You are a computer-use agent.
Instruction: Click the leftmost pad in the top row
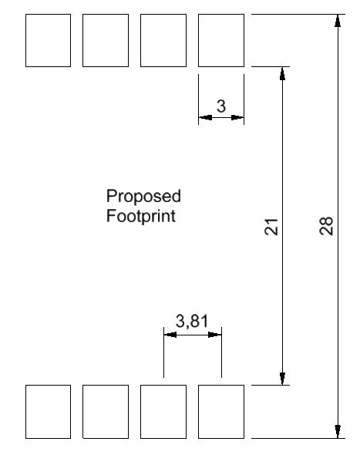click(x=48, y=40)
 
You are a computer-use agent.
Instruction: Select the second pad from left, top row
click(x=106, y=40)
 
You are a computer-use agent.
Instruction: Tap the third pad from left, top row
click(x=163, y=40)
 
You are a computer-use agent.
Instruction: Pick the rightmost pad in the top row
click(x=221, y=40)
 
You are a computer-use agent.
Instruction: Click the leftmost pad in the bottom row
click(x=48, y=412)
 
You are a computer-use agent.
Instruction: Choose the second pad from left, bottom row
click(x=106, y=412)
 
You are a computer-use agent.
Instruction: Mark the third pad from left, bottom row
click(x=163, y=412)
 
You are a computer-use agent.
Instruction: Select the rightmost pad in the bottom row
click(x=221, y=412)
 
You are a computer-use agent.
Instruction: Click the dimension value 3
click(x=221, y=106)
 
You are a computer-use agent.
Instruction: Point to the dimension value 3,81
click(x=192, y=322)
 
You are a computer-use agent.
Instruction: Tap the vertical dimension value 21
click(x=271, y=226)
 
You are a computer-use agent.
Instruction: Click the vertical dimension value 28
click(x=326, y=225)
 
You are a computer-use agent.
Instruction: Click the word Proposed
click(x=143, y=197)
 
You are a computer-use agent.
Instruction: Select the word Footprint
click(x=141, y=216)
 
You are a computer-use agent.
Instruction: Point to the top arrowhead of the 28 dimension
click(x=338, y=21)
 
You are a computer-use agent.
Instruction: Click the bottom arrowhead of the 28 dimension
click(x=338, y=432)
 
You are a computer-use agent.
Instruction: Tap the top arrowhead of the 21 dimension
click(x=283, y=73)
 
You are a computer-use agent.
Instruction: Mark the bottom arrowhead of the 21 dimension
click(x=283, y=379)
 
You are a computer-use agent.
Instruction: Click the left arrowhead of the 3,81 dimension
click(x=170, y=335)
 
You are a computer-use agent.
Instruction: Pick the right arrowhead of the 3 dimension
click(x=237, y=117)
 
